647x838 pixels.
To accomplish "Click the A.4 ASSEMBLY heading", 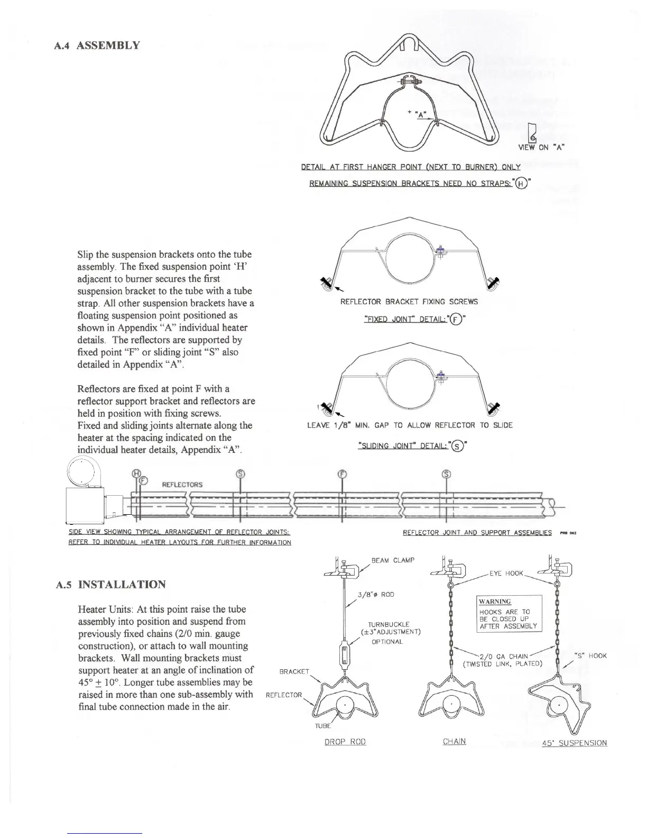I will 97,45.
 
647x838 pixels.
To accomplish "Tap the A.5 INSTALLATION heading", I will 111,585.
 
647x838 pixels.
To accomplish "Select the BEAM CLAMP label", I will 393,560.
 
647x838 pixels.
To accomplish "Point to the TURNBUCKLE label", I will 390,624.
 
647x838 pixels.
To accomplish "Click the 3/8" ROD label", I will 376,594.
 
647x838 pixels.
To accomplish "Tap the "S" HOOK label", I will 590,656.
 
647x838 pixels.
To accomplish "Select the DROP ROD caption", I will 345,742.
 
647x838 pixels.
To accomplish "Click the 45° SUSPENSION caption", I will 575,743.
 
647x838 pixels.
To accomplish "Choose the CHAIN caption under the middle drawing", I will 454,741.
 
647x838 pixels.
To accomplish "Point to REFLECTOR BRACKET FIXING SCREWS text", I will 409,302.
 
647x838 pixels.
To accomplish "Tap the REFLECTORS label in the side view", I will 182,484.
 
